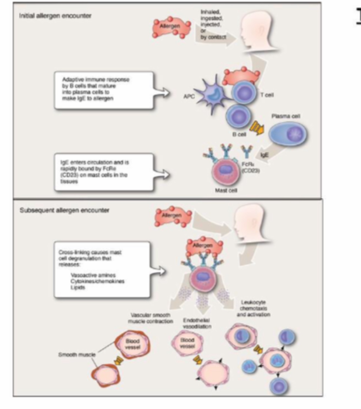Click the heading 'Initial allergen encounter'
pyautogui.click(x=55, y=16)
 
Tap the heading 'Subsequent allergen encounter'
pyautogui.click(x=64, y=210)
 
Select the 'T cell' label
pyautogui.click(x=267, y=95)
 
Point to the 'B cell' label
pyautogui.click(x=239, y=134)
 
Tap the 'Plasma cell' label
pyautogui.click(x=286, y=116)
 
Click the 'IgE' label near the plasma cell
pyautogui.click(x=264, y=155)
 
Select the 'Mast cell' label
pyautogui.click(x=226, y=190)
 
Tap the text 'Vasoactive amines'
pyautogui.click(x=93, y=275)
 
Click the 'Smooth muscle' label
pyautogui.click(x=77, y=354)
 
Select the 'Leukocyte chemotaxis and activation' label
pyautogui.click(x=253, y=308)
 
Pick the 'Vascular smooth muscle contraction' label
pyautogui.click(x=150, y=318)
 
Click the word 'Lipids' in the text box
pyautogui.click(x=78, y=288)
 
